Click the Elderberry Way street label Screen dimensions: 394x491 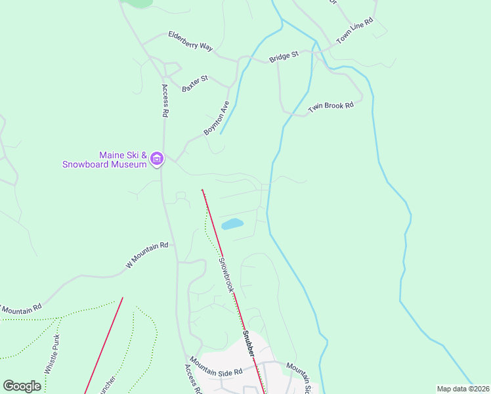(191, 40)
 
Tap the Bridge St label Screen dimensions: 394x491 (284, 57)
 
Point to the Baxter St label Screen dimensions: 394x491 (195, 83)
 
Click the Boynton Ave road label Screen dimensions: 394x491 (217, 118)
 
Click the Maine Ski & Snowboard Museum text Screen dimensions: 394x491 (104, 160)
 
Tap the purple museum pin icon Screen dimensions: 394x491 (157, 159)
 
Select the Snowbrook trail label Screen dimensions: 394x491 (226, 274)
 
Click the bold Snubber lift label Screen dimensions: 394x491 (249, 344)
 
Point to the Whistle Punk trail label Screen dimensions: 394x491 (52, 355)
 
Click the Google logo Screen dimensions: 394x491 (22, 386)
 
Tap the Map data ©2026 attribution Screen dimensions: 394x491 (463, 389)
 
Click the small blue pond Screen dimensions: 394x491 (232, 224)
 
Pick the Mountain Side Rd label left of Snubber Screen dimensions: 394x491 (217, 367)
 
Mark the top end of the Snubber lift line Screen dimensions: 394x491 (202, 190)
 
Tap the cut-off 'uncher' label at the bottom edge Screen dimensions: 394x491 (106, 385)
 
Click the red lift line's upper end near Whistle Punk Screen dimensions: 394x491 (123, 298)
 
